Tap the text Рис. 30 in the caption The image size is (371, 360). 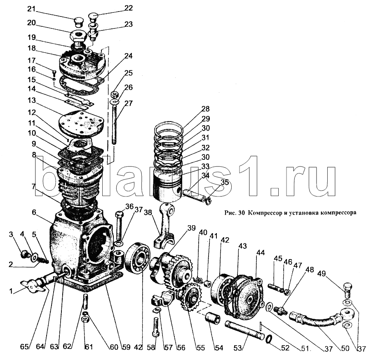233,213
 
